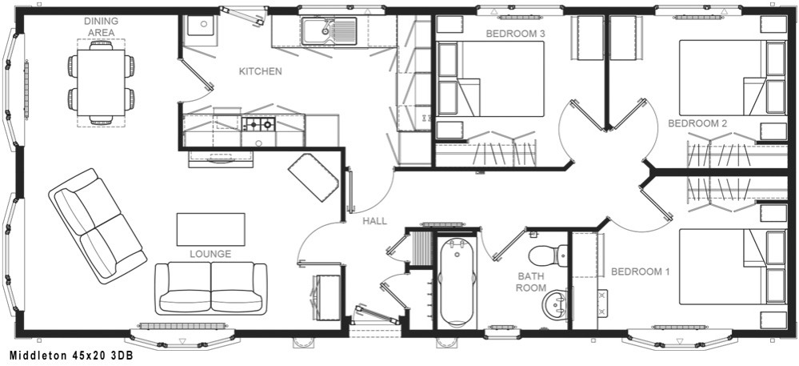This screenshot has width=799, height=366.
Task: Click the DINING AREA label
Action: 101,26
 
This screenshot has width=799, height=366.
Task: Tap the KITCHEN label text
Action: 261,71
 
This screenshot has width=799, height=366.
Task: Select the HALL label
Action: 374,221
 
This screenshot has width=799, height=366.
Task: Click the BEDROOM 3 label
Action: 516,34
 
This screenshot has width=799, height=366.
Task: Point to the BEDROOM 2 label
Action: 697,123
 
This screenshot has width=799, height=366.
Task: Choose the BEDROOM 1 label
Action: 641,271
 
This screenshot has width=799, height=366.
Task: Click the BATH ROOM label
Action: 531,282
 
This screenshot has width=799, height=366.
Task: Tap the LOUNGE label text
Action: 210,254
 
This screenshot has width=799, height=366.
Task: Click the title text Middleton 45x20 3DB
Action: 71,356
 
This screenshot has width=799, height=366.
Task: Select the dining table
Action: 101,82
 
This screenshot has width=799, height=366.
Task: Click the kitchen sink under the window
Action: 330,30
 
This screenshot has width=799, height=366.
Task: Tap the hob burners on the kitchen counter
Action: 259,124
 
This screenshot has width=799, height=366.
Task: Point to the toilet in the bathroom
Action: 548,254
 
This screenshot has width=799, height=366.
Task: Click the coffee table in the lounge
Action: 210,229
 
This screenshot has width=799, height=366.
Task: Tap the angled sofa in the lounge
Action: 98,226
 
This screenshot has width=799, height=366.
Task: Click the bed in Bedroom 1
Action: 733,267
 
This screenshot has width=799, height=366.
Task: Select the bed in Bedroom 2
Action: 733,78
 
